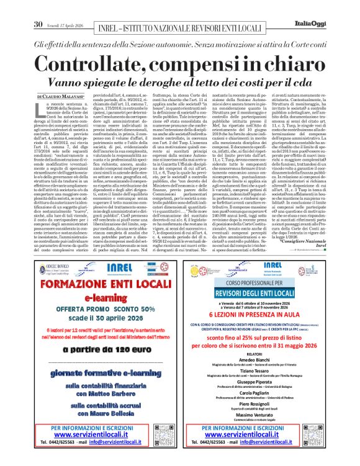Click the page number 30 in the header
click(38, 8)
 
